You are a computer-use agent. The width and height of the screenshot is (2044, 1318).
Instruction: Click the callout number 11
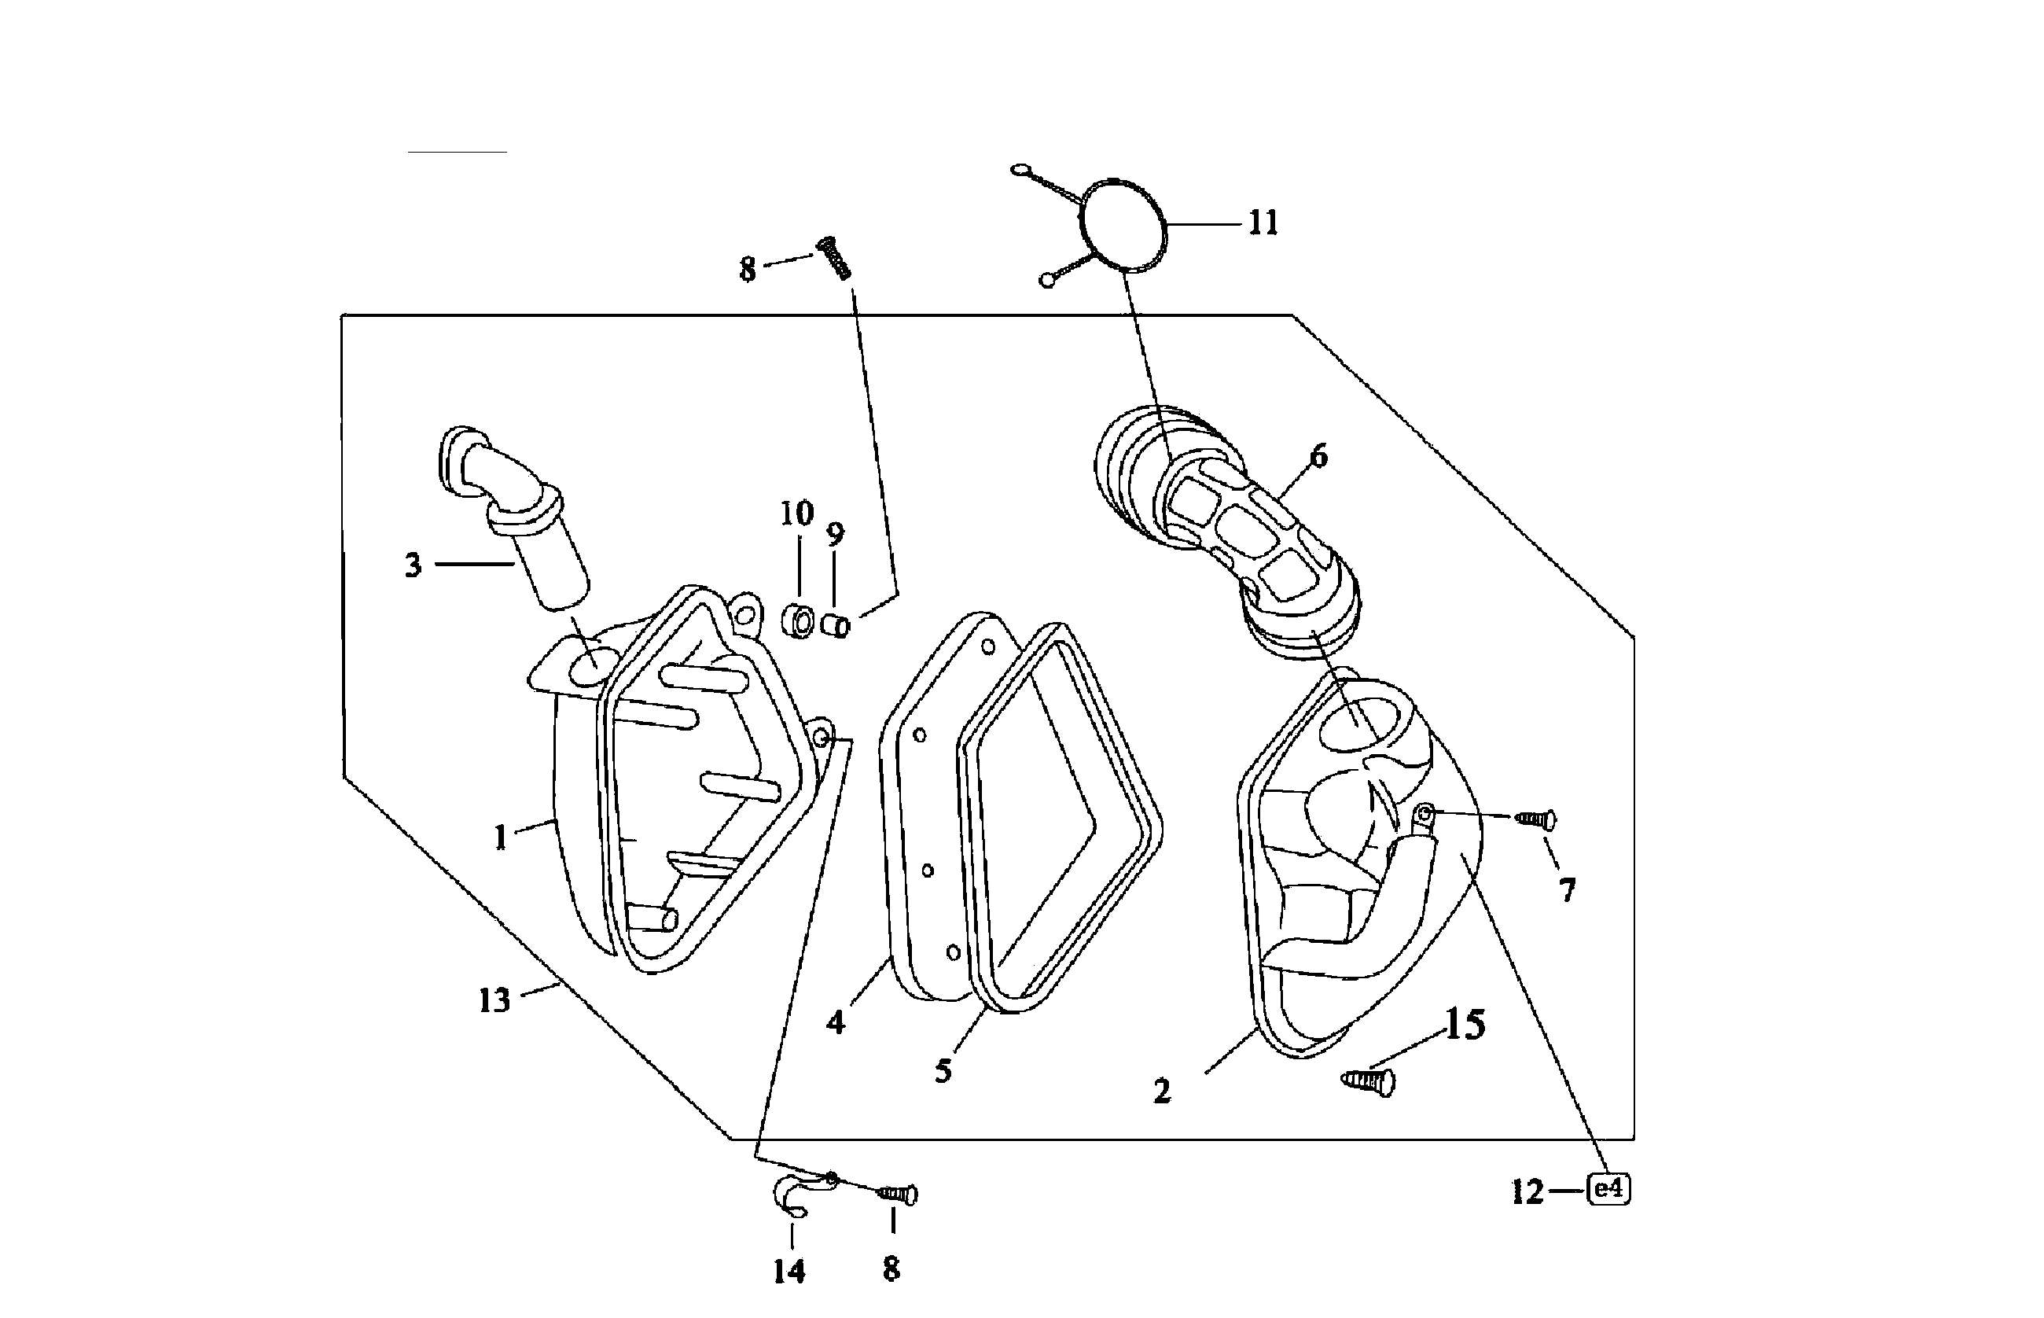point(1263,223)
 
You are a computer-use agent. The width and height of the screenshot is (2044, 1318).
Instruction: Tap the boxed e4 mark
point(1608,1190)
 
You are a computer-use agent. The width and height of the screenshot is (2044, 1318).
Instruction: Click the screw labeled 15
point(1368,1081)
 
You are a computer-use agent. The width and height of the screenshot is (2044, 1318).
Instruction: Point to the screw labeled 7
point(1536,820)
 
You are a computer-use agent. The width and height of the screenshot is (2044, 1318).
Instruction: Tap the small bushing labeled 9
point(836,626)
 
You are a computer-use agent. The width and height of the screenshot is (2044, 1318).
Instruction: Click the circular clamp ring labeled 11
point(1123,223)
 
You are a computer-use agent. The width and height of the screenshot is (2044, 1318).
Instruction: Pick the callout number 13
point(494,1000)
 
